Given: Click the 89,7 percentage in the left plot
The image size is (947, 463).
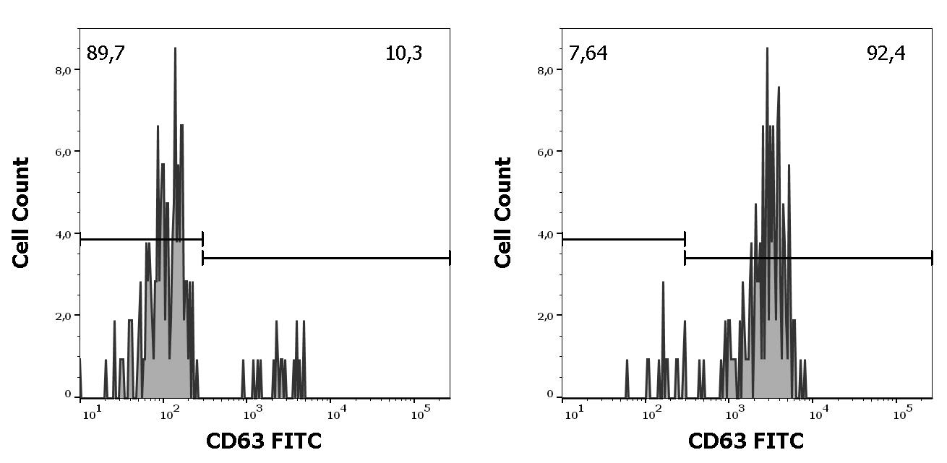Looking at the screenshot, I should click(106, 53).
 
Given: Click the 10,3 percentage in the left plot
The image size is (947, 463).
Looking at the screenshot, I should click(404, 53).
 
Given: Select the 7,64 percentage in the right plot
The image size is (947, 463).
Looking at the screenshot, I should click(588, 53).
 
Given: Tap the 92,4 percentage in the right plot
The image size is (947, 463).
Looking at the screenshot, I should click(886, 53).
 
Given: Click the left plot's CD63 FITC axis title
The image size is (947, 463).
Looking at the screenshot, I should click(264, 441).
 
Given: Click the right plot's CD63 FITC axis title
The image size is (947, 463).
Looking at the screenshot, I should click(745, 441).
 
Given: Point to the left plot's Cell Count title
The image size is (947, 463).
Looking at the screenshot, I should click(22, 212).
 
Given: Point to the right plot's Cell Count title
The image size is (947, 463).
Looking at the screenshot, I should click(504, 212).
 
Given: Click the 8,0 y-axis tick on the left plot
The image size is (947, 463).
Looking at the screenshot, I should click(63, 70).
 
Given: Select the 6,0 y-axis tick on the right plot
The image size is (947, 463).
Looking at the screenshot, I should click(545, 152).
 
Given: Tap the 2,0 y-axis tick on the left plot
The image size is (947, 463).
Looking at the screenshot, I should click(63, 316).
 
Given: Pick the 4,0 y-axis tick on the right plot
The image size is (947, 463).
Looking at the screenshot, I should click(545, 234).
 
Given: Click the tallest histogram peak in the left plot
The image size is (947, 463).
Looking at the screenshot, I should click(175, 49).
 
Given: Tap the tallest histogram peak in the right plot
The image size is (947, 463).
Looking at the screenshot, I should click(767, 49).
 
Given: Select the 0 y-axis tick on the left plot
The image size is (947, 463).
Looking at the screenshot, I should click(68, 395).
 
